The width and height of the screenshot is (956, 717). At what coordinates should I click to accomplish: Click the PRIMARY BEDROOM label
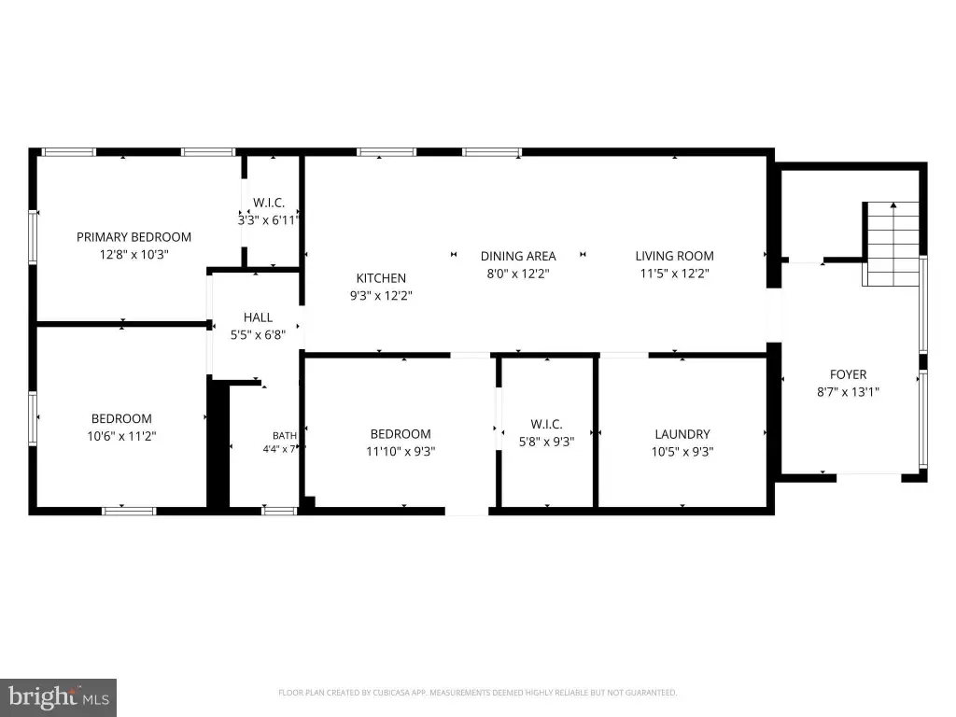134,237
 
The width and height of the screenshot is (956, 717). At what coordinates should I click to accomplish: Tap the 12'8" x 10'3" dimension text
134,254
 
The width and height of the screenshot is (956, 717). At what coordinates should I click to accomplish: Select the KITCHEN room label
381,278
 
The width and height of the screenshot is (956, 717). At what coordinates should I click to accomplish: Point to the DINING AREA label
518,256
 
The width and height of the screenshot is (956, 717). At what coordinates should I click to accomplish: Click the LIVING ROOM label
674,256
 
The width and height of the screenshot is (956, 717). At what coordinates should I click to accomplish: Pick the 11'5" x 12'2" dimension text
674,274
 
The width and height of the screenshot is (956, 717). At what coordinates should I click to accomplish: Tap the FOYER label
848,374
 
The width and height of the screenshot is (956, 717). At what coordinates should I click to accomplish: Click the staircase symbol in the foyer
891,244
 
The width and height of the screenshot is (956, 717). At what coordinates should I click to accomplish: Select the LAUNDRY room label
682,434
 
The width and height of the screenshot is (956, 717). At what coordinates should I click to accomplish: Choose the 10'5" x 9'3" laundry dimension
682,451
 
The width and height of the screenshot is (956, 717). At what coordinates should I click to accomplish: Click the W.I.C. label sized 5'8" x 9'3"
546,425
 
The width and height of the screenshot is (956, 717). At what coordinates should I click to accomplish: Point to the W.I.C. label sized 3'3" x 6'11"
269,203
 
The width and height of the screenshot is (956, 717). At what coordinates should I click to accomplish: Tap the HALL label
258,317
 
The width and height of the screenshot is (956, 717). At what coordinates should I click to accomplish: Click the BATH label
285,435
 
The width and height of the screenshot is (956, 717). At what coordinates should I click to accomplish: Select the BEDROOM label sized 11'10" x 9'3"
401,434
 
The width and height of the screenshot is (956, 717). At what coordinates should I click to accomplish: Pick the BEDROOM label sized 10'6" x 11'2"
121,419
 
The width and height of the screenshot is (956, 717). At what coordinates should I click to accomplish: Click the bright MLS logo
58,697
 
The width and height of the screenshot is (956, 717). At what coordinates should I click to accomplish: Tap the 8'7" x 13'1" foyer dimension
848,391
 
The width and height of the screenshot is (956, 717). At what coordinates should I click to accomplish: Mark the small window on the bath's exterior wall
279,511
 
